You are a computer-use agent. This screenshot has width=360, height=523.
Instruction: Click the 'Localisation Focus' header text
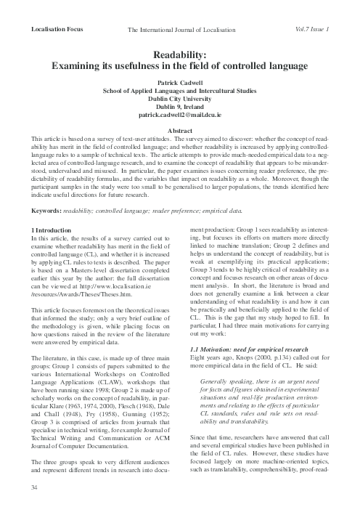tap(53, 28)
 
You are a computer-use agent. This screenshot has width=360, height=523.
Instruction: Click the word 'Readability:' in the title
tap(180, 54)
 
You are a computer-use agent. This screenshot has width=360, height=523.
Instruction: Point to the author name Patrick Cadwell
tap(180, 82)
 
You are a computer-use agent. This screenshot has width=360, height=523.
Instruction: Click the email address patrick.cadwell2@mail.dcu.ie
tap(180, 114)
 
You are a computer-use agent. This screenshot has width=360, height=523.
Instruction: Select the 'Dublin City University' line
tap(180, 98)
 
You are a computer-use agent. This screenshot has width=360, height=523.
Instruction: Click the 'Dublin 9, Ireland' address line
tap(180, 106)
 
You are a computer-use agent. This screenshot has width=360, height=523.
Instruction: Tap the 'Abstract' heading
tap(180, 129)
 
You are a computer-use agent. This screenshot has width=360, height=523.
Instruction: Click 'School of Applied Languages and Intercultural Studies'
tap(180, 90)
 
